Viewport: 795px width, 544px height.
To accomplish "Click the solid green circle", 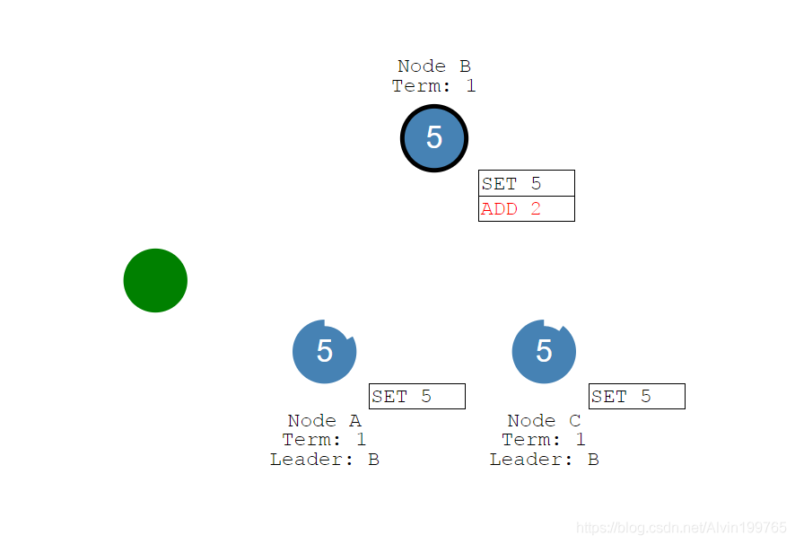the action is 155,281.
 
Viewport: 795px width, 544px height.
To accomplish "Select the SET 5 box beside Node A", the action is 416,397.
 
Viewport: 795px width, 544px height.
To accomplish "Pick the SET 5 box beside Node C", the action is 636,397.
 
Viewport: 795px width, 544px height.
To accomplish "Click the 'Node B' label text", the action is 434,66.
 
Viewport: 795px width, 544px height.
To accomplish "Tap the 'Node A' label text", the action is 324,421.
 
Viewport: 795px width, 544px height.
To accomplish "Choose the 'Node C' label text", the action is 544,421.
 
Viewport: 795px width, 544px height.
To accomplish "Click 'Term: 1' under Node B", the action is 434,86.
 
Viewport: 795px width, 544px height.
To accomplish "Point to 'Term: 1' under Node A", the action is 324,440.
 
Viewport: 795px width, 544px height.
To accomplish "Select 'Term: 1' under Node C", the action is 544,440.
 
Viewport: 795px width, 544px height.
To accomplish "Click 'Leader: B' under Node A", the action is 324,460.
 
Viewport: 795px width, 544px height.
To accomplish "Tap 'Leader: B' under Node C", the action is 544,460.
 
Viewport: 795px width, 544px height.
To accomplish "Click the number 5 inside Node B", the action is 434,137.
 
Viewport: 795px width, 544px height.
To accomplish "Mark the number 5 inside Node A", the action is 325,351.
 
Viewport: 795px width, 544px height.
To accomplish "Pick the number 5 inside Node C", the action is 544,351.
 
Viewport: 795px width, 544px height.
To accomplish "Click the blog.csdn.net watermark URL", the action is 681,528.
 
